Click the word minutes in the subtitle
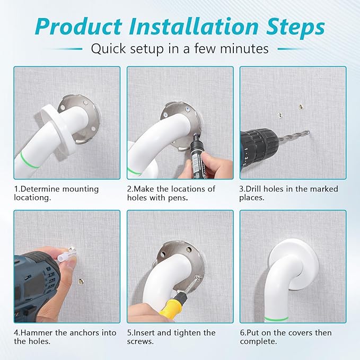(243, 49)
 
